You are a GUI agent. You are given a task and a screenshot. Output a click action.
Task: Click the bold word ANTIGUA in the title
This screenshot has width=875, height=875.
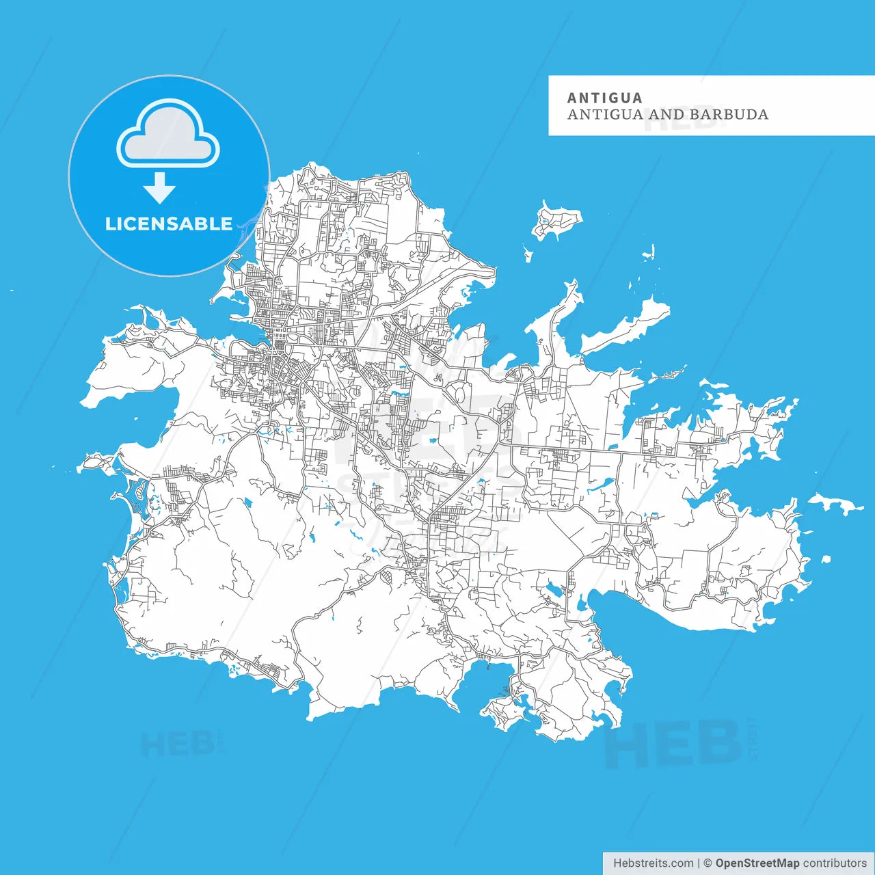604,98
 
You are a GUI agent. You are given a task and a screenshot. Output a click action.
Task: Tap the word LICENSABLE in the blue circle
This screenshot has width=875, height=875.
169,224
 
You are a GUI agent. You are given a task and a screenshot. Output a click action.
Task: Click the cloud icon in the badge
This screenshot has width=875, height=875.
168,135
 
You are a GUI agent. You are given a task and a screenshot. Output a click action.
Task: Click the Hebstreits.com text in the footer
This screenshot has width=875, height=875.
653,863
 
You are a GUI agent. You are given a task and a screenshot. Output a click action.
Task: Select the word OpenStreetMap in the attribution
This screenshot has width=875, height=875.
757,863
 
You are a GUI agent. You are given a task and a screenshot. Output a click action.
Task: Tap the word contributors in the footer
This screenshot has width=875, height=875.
835,863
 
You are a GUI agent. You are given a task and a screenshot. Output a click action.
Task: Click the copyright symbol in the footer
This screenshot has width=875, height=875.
708,863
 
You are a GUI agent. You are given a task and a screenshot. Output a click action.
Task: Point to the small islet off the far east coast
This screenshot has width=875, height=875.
837,504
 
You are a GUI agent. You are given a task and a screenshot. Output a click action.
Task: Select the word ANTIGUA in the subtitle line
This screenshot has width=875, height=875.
604,115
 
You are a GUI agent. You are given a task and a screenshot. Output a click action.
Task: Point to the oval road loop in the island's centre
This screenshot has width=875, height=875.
458,392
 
